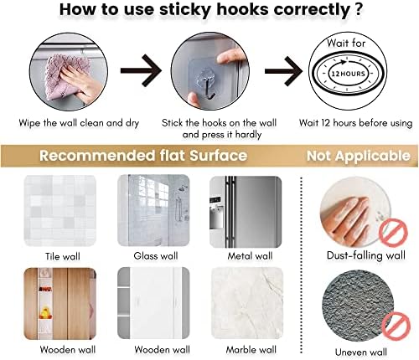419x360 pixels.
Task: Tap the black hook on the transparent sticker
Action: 209,89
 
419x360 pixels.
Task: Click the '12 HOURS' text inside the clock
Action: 348,74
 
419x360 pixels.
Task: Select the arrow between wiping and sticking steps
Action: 141,70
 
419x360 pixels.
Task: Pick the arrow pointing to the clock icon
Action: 284,71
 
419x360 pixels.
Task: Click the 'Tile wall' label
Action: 63,256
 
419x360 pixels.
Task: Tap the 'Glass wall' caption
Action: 156,256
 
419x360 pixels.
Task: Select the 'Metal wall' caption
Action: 250,256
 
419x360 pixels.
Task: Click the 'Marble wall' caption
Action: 251,350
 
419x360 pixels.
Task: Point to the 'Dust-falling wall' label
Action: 366,255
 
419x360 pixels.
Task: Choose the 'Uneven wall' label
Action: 361,352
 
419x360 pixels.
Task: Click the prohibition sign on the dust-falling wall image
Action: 393,232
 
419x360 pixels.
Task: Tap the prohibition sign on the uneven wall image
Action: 396,327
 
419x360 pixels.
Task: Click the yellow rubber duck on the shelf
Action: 45,313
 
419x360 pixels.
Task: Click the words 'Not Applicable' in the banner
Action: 359,156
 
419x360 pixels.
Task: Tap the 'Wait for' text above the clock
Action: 346,44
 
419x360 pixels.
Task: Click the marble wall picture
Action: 247,304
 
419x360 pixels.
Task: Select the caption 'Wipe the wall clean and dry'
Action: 79,123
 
